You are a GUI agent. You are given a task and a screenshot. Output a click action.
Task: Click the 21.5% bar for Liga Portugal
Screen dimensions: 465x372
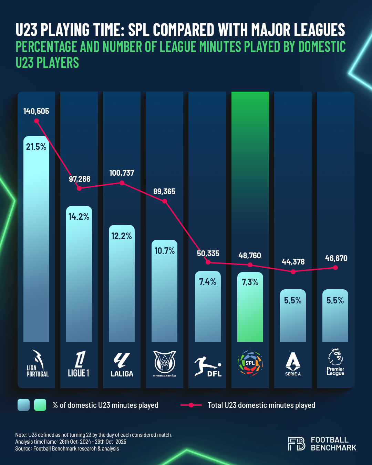36,241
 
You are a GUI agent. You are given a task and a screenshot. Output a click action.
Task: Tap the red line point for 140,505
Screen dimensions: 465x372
37,121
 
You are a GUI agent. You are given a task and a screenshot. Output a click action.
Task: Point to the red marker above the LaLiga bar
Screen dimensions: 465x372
122,183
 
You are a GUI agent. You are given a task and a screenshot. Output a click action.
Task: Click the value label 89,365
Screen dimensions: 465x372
164,192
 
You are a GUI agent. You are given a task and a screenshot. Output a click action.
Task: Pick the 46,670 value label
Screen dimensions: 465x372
336,258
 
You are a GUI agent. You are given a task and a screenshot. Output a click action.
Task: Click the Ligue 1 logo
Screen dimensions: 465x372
79,364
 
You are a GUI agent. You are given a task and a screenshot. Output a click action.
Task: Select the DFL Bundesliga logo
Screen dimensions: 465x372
208,366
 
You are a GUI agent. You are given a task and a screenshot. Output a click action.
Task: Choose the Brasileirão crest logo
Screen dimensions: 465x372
165,363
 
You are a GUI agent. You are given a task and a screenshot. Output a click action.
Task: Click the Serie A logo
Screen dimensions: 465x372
293,364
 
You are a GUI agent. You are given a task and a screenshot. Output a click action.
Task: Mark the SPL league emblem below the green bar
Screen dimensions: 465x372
250,363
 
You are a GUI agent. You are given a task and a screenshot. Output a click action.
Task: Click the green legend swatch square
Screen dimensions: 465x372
40,405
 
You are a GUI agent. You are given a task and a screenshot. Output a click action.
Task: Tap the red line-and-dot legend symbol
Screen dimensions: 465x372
191,405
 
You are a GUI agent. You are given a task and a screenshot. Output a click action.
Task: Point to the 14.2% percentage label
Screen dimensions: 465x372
79,217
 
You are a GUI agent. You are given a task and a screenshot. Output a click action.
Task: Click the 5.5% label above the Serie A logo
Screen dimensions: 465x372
293,300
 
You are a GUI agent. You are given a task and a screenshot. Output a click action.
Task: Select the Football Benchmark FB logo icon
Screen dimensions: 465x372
297,444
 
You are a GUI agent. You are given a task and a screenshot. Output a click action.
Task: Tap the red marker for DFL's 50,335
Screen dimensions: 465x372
208,262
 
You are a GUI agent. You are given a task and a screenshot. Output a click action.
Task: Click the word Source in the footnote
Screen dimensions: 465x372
23,448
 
